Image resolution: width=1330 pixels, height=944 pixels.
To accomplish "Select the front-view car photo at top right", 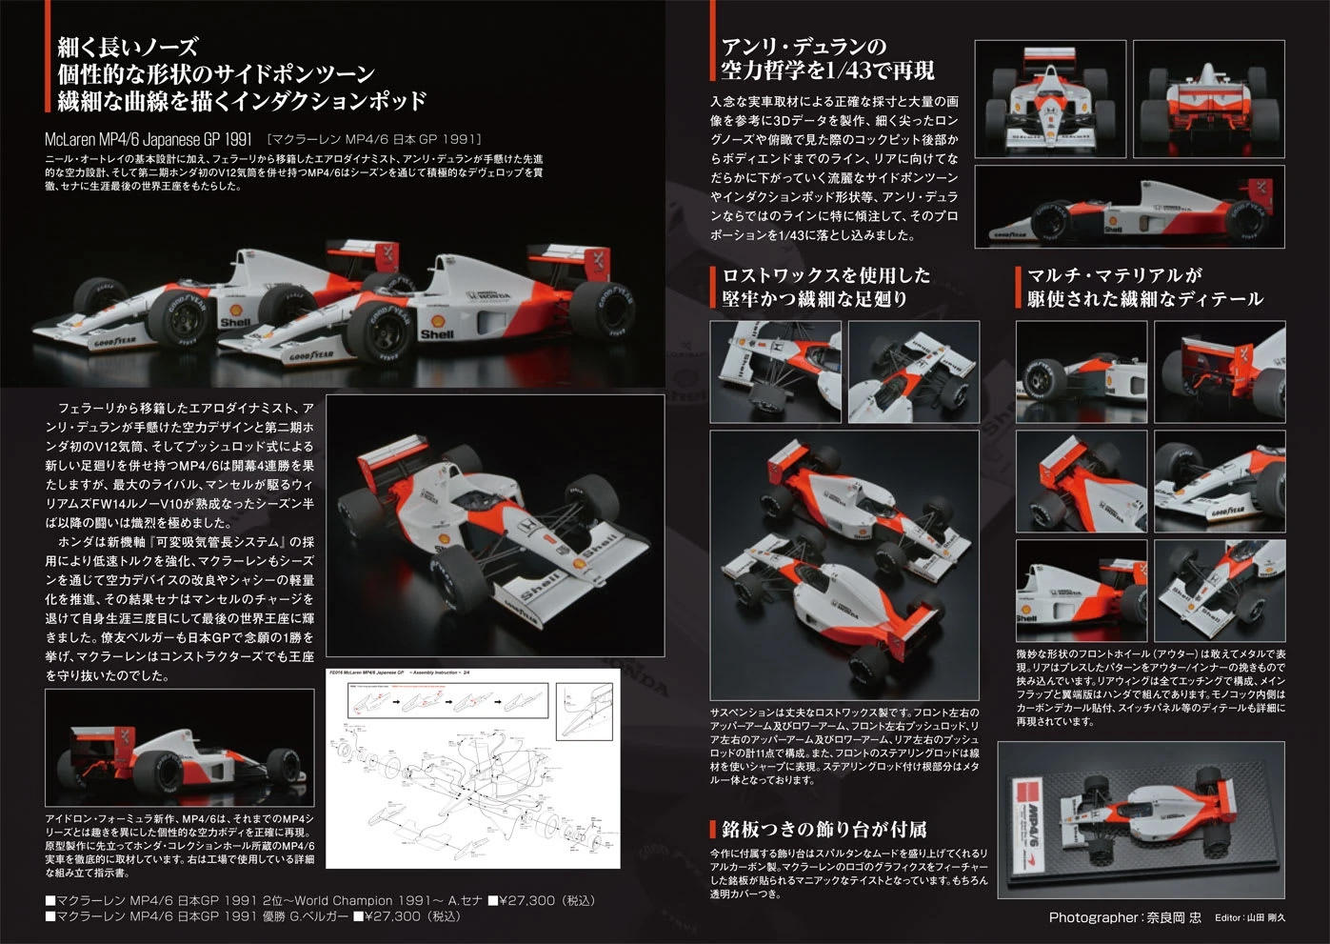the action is point(1049,98).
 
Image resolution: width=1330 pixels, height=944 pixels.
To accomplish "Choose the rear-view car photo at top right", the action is point(1209,98).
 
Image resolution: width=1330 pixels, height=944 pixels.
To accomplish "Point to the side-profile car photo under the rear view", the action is point(1129,208).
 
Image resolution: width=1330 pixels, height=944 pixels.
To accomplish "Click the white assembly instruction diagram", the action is point(472,768).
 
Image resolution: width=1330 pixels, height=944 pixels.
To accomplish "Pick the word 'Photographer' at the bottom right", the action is point(1092,917).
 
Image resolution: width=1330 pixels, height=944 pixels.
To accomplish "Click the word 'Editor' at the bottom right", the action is point(1228,917).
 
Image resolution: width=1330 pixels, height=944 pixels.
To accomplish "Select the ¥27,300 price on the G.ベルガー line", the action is point(390,916).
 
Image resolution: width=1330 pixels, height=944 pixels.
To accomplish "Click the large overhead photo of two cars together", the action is point(844,565).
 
